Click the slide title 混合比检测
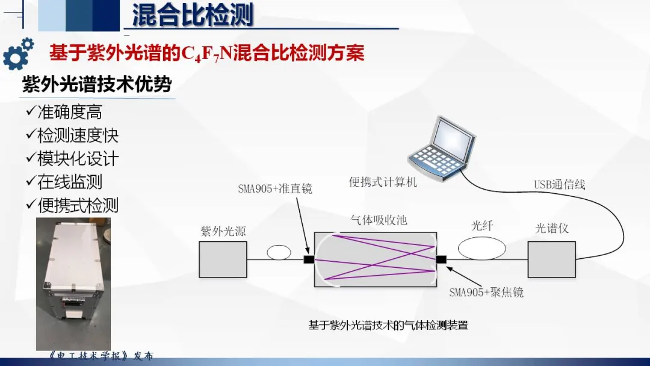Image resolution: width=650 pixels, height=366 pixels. (193, 15)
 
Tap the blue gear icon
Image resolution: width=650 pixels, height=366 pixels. (17, 54)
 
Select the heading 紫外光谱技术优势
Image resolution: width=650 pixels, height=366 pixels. (97, 84)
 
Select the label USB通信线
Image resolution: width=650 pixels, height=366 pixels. (559, 184)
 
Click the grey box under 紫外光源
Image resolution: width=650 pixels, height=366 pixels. (223, 259)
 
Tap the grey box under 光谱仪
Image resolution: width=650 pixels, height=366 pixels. (551, 259)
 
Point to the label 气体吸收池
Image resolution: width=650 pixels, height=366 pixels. (379, 220)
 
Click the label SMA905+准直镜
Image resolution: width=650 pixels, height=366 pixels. (275, 188)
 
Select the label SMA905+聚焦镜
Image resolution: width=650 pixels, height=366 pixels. (486, 292)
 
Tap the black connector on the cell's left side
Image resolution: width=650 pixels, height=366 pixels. (309, 260)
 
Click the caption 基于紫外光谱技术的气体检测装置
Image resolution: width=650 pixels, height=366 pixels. (388, 325)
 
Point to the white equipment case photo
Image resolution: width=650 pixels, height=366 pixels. (73, 284)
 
